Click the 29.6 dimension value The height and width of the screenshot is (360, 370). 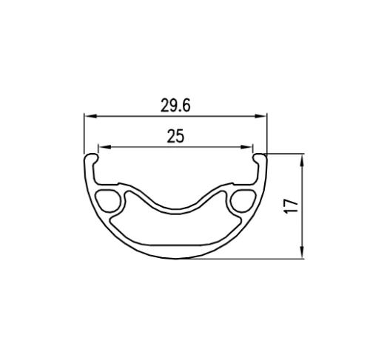[x=175, y=106]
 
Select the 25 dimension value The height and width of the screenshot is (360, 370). [x=175, y=136]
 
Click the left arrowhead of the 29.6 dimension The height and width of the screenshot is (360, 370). [x=87, y=116]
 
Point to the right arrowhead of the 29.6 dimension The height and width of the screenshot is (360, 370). [x=263, y=116]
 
